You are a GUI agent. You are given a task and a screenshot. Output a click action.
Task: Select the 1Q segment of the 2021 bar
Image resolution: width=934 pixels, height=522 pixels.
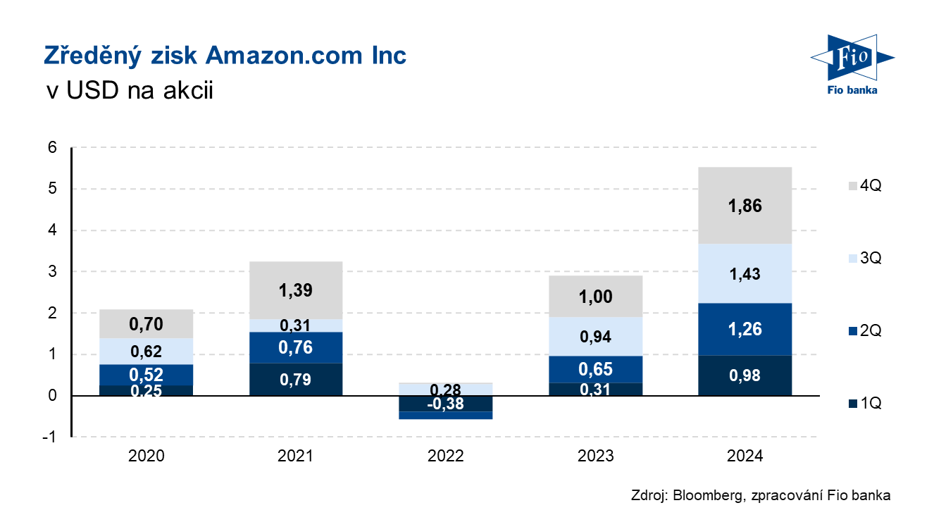click(296, 380)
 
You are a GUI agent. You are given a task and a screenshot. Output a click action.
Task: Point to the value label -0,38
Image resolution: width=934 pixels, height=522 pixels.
click(446, 404)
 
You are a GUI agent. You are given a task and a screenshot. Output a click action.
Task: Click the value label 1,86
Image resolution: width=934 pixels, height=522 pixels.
click(745, 206)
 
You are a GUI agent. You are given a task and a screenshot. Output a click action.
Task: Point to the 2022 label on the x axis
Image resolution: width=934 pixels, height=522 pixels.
click(446, 456)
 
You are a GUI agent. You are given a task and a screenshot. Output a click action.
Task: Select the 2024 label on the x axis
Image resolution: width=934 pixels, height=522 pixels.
click(745, 456)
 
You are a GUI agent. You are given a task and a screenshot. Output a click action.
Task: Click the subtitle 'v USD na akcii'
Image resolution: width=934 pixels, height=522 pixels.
click(128, 92)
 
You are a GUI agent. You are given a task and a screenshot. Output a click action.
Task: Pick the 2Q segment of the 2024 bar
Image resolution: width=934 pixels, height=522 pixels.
click(745, 329)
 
